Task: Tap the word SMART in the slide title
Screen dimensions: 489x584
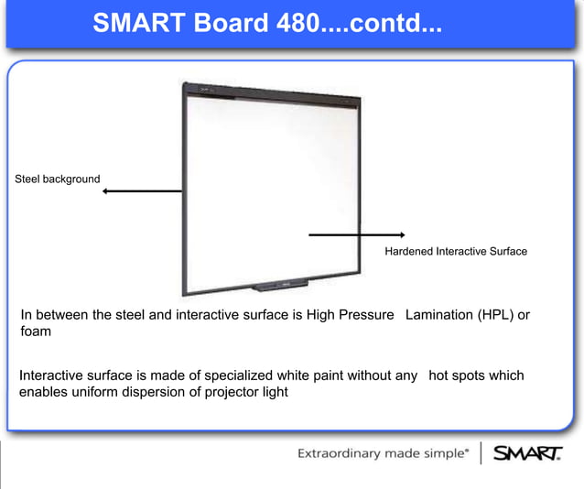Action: (x=139, y=24)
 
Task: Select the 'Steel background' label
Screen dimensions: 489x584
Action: (x=58, y=179)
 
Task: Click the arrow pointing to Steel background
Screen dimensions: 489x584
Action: (x=142, y=191)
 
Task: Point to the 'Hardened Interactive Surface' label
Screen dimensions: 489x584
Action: (x=456, y=251)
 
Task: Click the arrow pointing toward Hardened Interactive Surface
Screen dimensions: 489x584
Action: (x=356, y=235)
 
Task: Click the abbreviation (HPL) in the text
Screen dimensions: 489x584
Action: (x=494, y=316)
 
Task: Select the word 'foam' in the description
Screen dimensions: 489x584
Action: (x=37, y=332)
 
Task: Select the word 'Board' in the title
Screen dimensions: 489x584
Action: (x=225, y=24)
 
